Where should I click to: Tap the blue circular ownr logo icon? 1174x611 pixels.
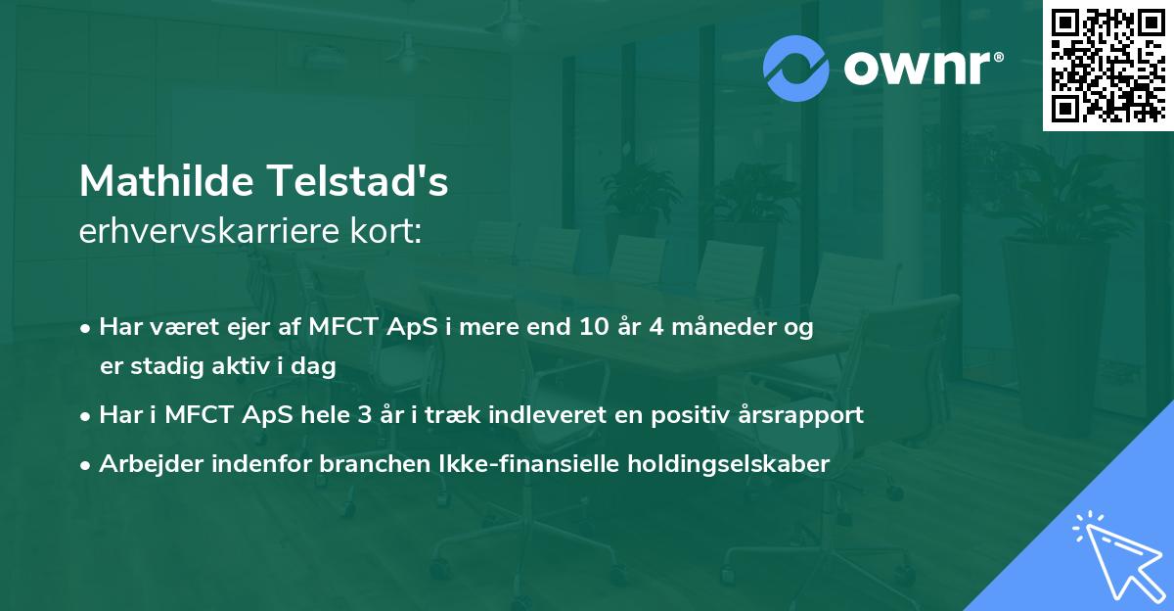pyautogui.click(x=796, y=69)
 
